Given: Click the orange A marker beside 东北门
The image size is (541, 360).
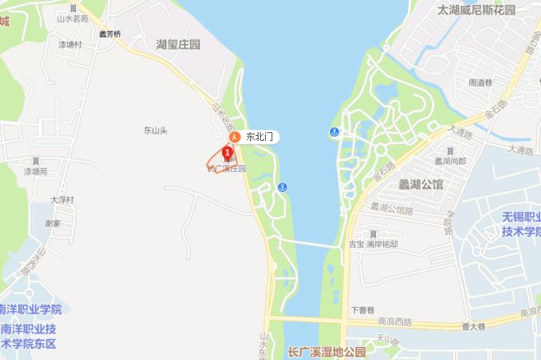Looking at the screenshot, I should point(234,137).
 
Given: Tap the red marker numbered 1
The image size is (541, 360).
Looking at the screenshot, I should point(227,153).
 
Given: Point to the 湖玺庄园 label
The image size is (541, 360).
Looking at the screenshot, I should point(178,45).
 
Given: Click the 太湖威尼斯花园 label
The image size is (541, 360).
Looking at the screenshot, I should point(476,10).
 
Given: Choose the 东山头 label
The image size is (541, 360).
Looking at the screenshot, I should point(156,131).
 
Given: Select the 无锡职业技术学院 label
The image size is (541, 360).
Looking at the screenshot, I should point(521,224).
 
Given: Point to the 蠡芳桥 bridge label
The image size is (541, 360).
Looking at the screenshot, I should point(110,34).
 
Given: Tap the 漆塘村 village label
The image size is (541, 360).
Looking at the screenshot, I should point(70,45).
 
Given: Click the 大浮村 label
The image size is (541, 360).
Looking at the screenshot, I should point(62,199).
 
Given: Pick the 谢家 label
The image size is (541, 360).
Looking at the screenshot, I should point(53,223).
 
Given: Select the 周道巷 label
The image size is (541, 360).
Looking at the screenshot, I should point(482,83).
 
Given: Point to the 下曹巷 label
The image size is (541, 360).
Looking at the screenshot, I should point(362,310).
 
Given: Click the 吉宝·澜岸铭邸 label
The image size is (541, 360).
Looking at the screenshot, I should point(374,244).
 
